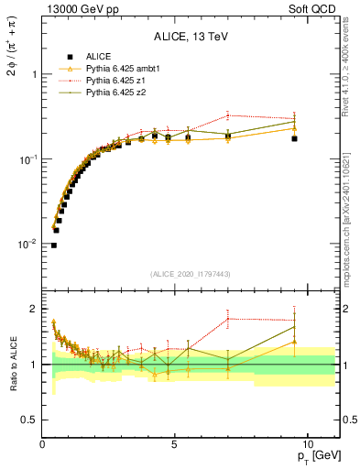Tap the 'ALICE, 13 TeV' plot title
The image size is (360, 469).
pos(191,37)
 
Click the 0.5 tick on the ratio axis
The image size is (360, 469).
pos(27,420)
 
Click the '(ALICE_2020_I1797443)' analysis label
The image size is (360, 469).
pos(191,274)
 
